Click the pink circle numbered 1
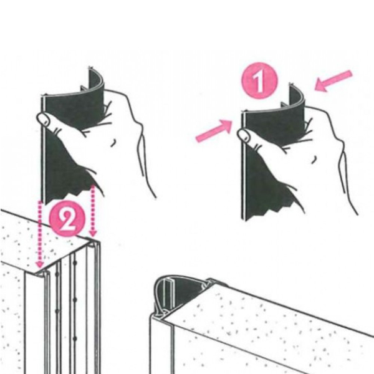pyautogui.click(x=259, y=80)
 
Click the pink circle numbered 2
pyautogui.click(x=67, y=219)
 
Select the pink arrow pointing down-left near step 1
pyautogui.click(x=333, y=80)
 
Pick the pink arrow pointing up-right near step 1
pyautogui.click(x=214, y=131)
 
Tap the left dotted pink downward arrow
pyautogui.click(x=40, y=234)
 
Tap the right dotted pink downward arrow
pyautogui.click(x=93, y=211)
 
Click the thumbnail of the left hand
pyautogui.click(x=44, y=119)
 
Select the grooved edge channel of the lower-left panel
pyautogui.click(x=72, y=310)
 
